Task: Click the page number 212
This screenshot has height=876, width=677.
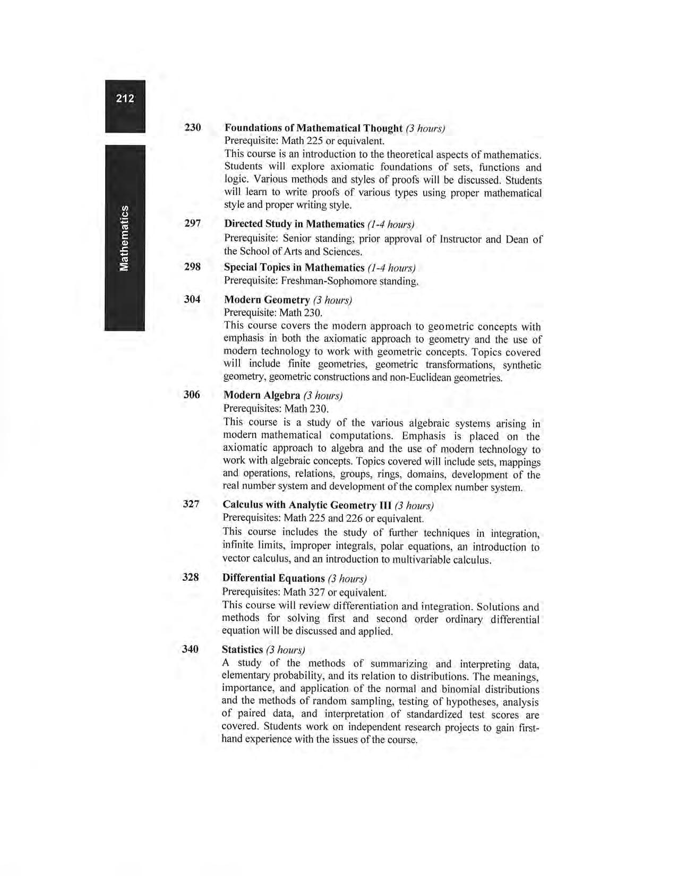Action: (125, 98)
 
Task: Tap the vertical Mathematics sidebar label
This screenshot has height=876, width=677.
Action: (124, 237)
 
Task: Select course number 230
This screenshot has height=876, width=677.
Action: (193, 127)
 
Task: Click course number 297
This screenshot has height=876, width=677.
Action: (193, 224)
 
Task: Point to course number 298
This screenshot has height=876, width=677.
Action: (192, 267)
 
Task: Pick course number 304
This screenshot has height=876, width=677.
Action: (192, 299)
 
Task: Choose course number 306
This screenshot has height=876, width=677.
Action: (192, 394)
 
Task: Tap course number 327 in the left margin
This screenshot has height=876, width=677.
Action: (191, 504)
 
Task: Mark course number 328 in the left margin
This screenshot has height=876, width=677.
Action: (191, 577)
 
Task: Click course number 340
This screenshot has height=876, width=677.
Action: (190, 649)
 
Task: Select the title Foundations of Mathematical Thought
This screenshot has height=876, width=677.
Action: (313, 128)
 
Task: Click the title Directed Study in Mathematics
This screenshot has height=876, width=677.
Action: (294, 224)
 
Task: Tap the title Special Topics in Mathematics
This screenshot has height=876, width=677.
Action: (294, 267)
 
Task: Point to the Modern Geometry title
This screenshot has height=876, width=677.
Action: (267, 300)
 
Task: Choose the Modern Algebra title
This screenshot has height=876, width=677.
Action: (262, 396)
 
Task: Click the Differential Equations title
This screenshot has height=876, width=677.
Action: (273, 578)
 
